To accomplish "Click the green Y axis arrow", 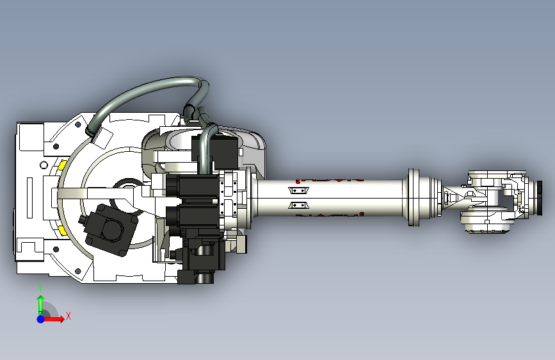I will [40, 302].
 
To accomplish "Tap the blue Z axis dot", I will [40, 318].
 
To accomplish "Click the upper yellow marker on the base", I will [63, 165].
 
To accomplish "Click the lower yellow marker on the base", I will [63, 229].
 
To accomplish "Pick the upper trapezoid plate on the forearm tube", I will [298, 191].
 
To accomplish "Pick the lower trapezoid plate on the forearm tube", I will [298, 206].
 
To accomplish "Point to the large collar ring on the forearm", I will [414, 197].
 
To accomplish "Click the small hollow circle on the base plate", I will [43, 165].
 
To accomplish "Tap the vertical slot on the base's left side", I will [29, 195].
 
